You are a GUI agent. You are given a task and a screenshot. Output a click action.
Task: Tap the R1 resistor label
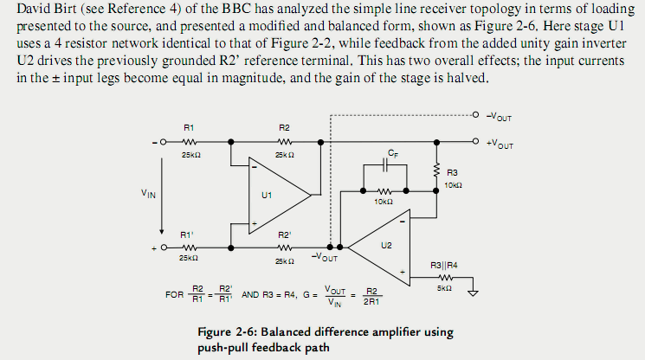189,127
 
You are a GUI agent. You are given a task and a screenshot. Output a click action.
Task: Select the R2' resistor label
285,235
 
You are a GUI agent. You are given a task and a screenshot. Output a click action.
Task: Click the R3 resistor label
453,173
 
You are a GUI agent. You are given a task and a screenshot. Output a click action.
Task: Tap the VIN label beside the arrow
148,195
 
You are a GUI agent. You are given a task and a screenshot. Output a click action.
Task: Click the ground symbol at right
472,292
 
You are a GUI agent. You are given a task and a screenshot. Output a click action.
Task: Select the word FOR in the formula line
174,294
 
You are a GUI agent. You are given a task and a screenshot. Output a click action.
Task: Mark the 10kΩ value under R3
453,184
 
